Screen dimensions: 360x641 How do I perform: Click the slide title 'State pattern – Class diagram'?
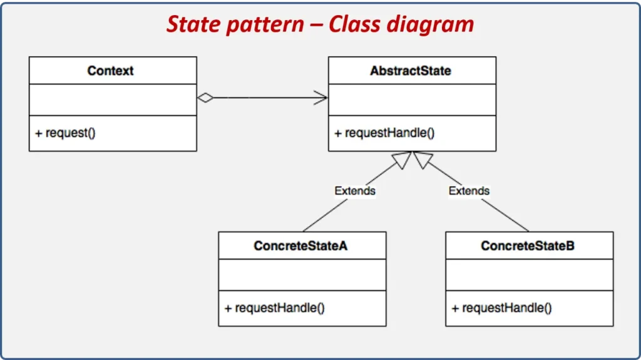tap(320, 24)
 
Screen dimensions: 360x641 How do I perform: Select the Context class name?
tap(111, 71)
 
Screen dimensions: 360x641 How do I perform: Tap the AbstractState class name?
tap(410, 71)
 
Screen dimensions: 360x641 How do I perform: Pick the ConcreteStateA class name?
tap(300, 246)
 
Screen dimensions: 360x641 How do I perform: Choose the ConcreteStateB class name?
tap(528, 246)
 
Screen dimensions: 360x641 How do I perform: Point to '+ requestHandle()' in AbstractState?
tap(384, 133)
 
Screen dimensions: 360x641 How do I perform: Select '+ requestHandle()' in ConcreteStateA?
tap(274, 308)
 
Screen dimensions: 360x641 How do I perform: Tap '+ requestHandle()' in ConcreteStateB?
tap(501, 308)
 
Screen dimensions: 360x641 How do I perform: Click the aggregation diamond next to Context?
tap(206, 98)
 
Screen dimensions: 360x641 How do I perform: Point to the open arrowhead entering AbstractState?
tap(321, 98)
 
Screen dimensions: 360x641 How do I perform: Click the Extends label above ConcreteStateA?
tap(355, 190)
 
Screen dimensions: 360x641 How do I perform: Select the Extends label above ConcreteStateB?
tap(469, 190)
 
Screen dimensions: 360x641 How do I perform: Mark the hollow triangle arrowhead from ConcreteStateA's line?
tap(403, 160)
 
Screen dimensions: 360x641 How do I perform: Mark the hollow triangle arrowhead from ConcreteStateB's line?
tap(423, 160)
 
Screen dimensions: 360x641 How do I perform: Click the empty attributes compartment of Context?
tap(113, 100)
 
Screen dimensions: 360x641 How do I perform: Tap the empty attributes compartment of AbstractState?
tap(412, 100)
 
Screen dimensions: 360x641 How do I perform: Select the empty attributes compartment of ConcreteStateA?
tap(302, 275)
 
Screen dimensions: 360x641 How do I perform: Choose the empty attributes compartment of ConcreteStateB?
tap(529, 275)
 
